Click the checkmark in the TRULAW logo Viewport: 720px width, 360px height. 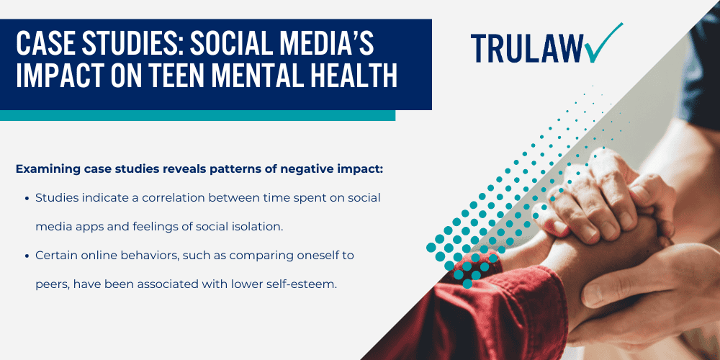coord(603,44)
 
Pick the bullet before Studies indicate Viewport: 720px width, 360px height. coord(27,197)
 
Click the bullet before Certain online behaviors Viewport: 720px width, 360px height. coord(27,256)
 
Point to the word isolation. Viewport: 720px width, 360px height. coord(255,226)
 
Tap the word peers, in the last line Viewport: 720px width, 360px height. coord(51,284)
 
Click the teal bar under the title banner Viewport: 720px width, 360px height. coord(197,116)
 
